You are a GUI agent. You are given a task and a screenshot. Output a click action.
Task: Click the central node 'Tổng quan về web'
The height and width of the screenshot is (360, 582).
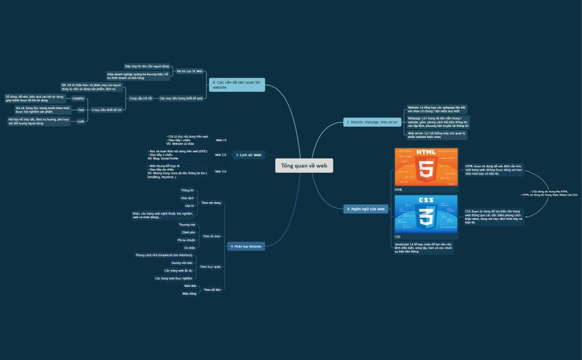tap(304, 166)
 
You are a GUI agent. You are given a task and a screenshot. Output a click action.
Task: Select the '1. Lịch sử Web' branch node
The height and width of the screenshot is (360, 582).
tap(249, 155)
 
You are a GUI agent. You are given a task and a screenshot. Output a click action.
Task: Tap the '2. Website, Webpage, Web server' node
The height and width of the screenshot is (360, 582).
tap(372, 122)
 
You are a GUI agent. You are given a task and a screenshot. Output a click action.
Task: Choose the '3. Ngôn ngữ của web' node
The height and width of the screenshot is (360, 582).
tap(365, 209)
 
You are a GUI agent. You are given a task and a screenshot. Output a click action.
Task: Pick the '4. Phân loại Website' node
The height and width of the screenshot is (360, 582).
tap(245, 246)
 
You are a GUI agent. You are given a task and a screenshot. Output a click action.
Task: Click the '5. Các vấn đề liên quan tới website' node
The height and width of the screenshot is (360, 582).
tap(237, 85)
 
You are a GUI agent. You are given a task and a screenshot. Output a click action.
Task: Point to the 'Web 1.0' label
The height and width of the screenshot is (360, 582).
tap(220, 141)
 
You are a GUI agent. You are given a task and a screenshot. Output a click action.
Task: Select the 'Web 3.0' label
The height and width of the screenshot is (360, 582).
tap(220, 171)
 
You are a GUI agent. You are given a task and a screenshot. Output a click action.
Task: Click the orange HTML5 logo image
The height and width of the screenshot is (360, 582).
tap(426, 167)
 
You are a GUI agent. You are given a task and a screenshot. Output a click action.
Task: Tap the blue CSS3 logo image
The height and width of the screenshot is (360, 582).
tap(426, 214)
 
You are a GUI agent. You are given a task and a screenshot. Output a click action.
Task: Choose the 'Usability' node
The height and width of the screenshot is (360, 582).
tap(78, 98)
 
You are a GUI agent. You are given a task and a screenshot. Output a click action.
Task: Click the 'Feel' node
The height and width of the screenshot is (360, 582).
tap(81, 110)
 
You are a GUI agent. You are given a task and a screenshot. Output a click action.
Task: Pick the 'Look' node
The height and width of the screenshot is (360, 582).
tap(81, 121)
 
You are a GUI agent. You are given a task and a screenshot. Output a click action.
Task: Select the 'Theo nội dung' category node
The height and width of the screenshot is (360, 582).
tap(211, 203)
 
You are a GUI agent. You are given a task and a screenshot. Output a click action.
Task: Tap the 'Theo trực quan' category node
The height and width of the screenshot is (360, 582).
tap(210, 267)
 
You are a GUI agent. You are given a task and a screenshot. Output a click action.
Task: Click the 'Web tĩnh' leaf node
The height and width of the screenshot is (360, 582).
tap(190, 286)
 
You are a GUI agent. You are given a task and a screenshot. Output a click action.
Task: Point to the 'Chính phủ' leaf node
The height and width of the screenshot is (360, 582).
tap(188, 233)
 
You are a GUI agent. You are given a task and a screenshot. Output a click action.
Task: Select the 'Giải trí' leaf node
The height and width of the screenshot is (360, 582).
tap(189, 205)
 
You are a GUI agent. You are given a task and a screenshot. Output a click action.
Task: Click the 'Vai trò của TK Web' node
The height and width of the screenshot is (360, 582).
tap(189, 71)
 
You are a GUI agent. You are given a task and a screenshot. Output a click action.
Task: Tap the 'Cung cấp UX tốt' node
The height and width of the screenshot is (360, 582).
tap(141, 98)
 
